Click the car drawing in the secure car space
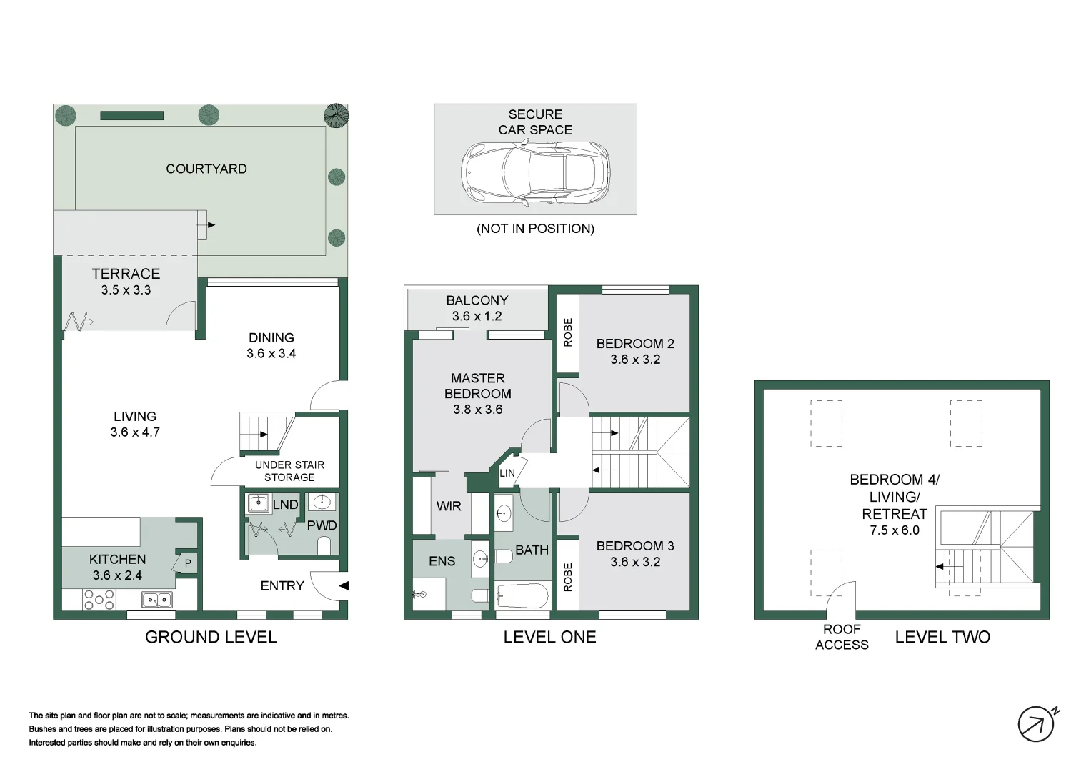pos(535,172)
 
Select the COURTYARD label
pos(206,169)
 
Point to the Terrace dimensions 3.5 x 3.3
pos(126,290)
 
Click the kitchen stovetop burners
pos(99,600)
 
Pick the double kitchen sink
pos(157,600)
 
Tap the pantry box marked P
pos(186,563)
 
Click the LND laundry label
pos(285,505)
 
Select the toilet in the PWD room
pos(324,545)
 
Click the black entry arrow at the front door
pos(344,585)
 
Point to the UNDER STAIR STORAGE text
pos(289,471)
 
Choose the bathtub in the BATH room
pos(522,595)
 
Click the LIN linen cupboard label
pos(507,472)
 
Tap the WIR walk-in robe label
pos(449,506)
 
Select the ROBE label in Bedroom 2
pos(567,332)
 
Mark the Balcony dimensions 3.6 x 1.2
pos(477,316)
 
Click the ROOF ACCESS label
pos(842,637)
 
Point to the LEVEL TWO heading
pos(942,637)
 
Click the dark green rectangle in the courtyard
pos(131,116)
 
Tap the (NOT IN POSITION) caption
pos(535,229)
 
